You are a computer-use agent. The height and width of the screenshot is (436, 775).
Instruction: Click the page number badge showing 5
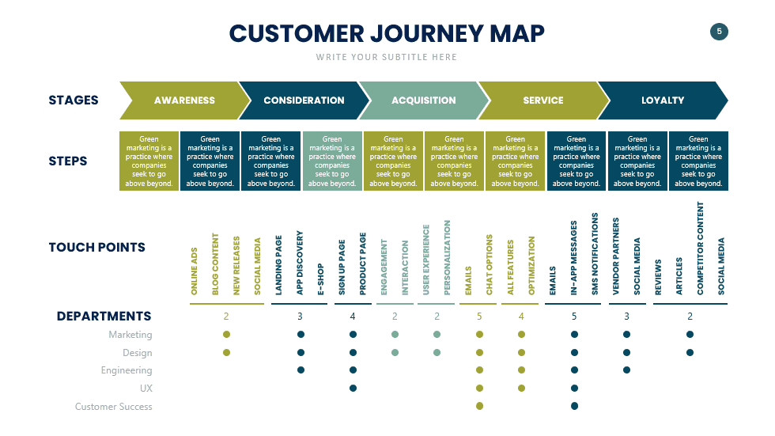tap(719, 32)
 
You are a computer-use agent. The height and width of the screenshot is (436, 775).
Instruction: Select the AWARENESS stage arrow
tap(184, 100)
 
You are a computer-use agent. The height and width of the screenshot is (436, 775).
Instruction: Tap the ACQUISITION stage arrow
tap(423, 100)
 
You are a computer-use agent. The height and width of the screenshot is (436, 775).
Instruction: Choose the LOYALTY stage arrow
tap(663, 100)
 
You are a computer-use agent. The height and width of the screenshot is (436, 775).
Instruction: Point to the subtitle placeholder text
tap(387, 57)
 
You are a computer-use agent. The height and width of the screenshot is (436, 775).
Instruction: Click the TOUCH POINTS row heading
tap(96, 247)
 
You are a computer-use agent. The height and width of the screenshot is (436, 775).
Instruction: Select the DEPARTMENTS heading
tap(104, 317)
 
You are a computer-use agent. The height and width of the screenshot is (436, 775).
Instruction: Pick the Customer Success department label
tap(114, 407)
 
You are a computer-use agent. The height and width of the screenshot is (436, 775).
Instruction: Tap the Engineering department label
tap(127, 370)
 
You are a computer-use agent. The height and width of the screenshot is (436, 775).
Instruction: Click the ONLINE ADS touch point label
tap(195, 271)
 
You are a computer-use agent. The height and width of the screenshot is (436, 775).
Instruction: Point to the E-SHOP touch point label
tap(321, 279)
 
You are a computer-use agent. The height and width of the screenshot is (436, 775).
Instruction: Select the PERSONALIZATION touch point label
tap(448, 257)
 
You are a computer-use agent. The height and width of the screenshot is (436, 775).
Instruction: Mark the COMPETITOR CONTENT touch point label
tap(700, 248)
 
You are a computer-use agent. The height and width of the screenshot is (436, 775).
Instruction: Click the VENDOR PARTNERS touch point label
tap(617, 256)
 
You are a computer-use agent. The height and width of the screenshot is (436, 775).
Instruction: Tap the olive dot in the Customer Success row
tap(479, 406)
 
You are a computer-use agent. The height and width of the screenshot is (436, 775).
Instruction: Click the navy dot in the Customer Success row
tap(574, 406)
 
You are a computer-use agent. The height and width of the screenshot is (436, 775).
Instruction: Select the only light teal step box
tap(332, 161)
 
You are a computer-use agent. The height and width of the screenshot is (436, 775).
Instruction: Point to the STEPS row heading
tap(68, 161)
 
